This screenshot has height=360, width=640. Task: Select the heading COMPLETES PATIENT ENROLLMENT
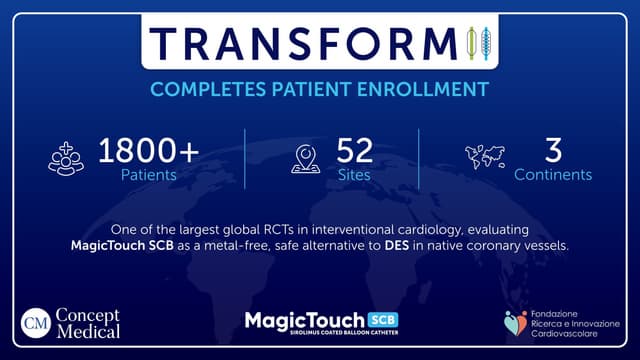320,90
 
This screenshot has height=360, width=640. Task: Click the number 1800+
148,151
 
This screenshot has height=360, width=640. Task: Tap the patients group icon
66,160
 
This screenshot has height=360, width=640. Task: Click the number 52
354,151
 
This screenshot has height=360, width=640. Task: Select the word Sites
354,175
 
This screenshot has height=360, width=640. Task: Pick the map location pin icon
304,160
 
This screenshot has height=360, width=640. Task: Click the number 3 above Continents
552,151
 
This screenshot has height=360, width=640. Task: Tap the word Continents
552,175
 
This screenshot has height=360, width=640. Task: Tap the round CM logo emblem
38,324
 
